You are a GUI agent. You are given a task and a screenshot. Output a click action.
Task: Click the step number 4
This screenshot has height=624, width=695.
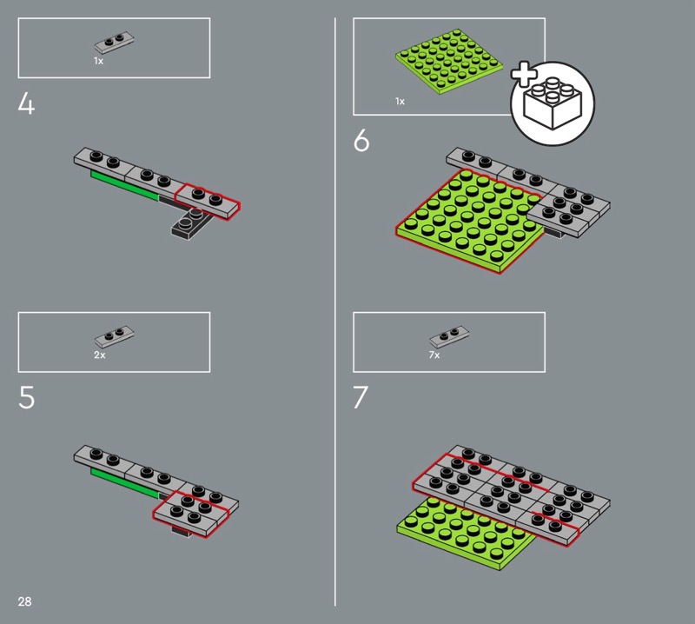26,104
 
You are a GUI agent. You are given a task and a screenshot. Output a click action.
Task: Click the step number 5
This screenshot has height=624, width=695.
27,397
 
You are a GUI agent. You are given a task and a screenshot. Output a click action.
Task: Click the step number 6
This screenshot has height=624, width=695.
361,141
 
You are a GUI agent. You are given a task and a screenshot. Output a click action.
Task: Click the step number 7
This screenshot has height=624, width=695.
361,397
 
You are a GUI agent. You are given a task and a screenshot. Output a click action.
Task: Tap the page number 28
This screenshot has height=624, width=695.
25,601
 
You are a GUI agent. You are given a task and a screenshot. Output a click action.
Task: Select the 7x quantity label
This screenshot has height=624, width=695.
434,355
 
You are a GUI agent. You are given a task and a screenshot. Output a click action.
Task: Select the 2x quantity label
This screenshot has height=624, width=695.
100,355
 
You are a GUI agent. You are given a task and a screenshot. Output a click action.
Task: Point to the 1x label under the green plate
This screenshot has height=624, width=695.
400,101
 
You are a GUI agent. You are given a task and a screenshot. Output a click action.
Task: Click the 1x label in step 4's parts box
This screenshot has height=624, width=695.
98,61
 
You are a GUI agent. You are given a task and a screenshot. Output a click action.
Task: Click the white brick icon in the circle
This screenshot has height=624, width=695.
553,103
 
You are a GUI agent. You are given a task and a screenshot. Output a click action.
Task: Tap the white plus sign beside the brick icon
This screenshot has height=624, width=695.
525,74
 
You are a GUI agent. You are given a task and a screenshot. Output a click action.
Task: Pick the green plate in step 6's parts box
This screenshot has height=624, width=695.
449,62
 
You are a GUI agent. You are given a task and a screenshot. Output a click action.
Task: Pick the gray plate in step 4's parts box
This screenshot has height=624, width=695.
114,43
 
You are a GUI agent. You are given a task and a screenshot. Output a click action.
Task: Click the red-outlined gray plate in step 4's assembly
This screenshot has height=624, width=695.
208,201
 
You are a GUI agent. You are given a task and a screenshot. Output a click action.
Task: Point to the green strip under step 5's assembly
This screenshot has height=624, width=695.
125,483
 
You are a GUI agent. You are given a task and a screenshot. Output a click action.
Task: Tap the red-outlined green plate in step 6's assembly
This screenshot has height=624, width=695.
470,222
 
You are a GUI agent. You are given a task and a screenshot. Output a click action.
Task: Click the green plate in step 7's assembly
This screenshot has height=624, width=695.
466,532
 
